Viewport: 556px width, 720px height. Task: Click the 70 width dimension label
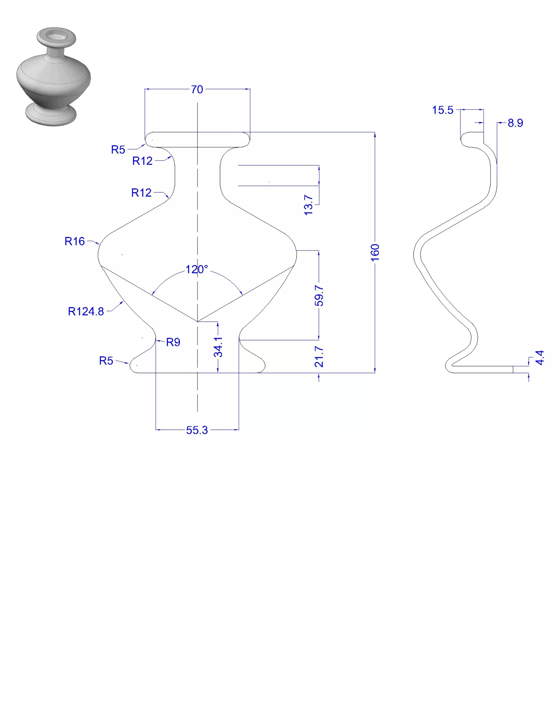[197, 90]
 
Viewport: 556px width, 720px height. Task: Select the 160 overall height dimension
[375, 252]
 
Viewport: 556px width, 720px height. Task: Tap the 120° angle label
[197, 269]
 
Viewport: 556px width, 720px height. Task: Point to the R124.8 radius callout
[86, 311]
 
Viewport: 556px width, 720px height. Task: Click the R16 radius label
[74, 241]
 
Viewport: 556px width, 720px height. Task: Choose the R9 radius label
[173, 342]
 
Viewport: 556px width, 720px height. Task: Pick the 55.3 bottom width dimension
[197, 430]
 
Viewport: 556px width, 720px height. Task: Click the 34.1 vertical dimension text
[218, 347]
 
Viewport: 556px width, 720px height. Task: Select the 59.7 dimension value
[319, 296]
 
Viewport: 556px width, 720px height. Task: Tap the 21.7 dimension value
[319, 357]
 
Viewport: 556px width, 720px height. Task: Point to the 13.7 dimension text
[308, 205]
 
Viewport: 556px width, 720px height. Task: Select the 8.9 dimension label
[515, 123]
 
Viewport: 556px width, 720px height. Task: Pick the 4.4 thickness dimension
[539, 358]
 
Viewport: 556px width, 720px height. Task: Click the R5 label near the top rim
[118, 150]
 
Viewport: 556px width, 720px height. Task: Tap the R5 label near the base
[106, 361]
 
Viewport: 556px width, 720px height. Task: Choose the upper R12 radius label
[142, 161]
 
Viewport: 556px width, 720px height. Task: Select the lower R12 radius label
[141, 193]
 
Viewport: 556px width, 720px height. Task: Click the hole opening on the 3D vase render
[56, 35]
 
